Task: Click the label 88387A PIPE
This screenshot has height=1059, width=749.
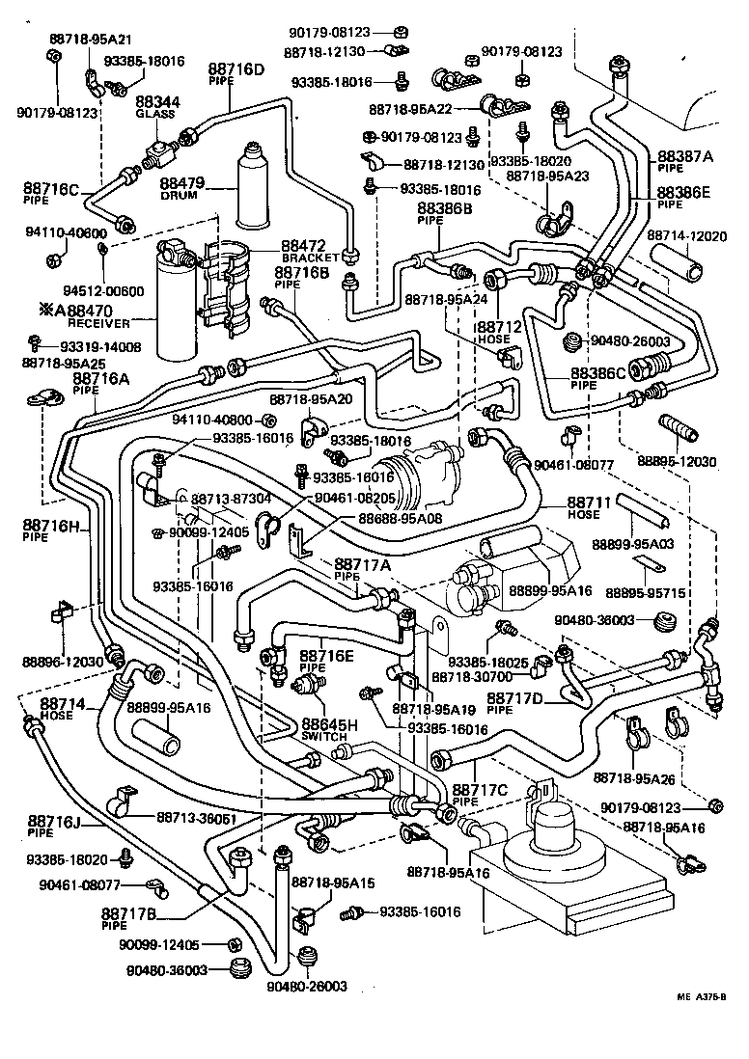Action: point(684,159)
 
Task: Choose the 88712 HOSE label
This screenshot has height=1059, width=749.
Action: point(498,333)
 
